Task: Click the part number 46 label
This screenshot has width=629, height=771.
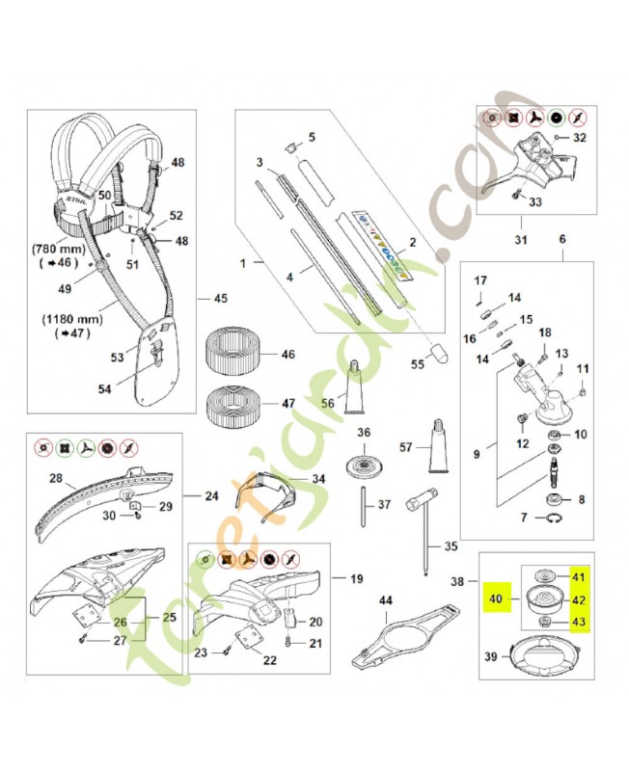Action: click(x=287, y=355)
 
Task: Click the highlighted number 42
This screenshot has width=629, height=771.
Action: click(x=578, y=598)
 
